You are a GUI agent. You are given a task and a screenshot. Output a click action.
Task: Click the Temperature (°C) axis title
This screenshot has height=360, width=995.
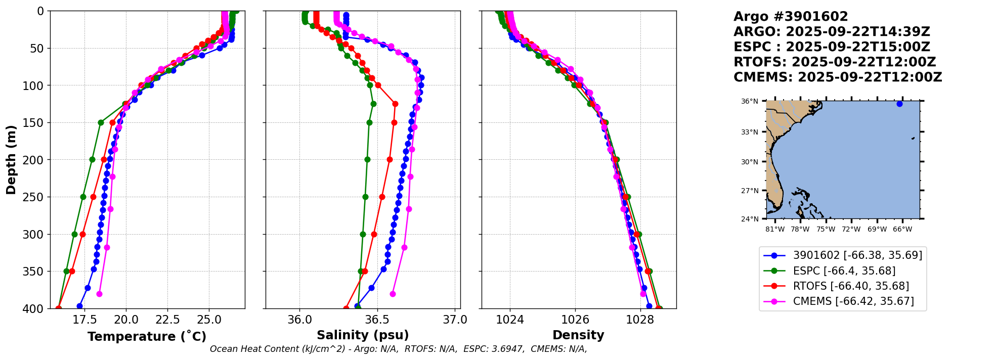(x=147, y=336)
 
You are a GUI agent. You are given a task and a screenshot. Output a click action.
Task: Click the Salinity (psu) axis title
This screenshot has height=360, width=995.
(x=363, y=335)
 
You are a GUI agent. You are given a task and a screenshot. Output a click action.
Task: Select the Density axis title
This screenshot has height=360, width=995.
(x=578, y=335)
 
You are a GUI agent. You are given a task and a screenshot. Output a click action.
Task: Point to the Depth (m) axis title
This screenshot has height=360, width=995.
(x=11, y=160)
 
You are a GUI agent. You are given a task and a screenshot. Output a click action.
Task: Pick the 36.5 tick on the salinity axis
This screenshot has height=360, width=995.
(x=377, y=320)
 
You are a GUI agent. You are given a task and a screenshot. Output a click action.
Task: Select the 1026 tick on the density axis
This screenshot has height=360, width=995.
(x=575, y=320)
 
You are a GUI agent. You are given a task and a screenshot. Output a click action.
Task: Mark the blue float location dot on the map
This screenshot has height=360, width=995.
(x=899, y=104)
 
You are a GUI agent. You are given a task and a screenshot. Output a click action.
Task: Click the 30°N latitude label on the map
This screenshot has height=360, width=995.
(x=750, y=162)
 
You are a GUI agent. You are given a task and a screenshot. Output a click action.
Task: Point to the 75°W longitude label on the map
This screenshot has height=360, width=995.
(x=826, y=229)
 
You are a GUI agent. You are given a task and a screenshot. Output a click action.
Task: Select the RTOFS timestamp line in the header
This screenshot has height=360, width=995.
(x=835, y=62)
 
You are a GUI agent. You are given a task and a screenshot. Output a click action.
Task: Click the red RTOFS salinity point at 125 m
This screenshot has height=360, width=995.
(x=395, y=104)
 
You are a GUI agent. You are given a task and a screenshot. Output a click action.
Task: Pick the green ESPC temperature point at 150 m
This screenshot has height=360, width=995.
(x=101, y=122)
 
